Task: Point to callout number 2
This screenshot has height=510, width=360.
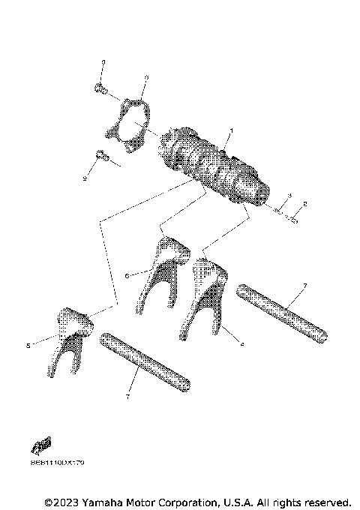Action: point(304,204)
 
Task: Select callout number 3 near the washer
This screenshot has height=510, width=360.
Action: point(289,196)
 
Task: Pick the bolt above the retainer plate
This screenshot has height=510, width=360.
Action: point(100,89)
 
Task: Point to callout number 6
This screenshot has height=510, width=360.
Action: point(126,276)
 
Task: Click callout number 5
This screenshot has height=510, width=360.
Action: point(27,346)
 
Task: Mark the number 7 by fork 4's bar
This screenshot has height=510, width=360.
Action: point(304,286)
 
